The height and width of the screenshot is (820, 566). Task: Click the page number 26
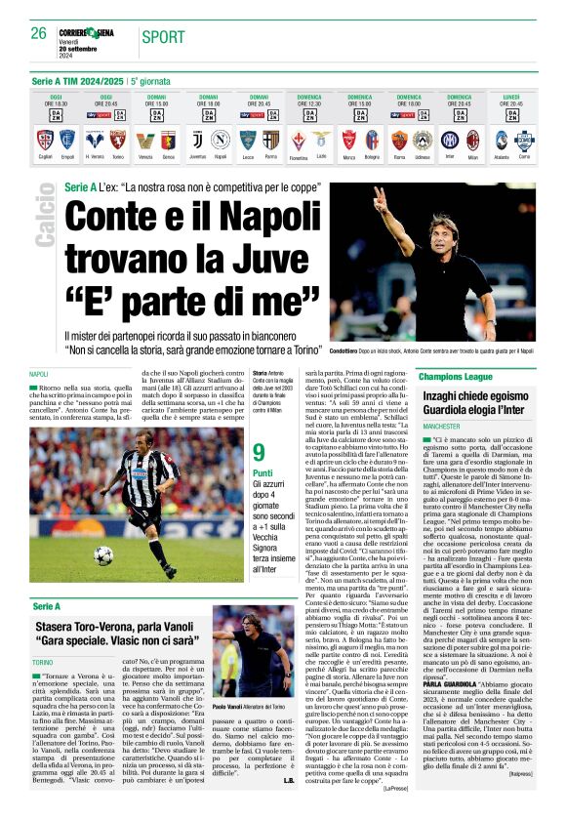(38, 33)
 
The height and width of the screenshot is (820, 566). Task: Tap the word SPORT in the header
(162, 38)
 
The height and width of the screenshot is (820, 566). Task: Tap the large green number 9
(259, 453)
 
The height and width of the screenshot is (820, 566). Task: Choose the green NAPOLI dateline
(40, 375)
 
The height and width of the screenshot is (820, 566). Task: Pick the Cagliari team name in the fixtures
(45, 155)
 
